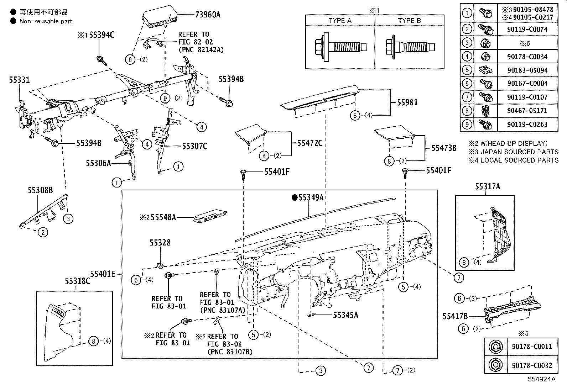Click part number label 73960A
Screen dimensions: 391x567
tap(208, 15)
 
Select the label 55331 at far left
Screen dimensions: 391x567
tap(19, 80)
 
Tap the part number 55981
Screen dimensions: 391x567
tap(407, 102)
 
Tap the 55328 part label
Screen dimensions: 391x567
tap(160, 243)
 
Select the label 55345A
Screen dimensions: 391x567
tap(345, 315)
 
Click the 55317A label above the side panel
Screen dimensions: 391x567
tap(487, 186)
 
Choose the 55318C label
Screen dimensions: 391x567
tap(77, 281)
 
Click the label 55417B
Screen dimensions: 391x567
tap(455, 316)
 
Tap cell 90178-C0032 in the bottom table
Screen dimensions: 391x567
tap(532, 365)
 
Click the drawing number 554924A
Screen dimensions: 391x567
tap(541, 379)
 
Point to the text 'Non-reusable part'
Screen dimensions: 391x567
tap(46, 21)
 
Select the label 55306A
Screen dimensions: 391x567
tap(98, 163)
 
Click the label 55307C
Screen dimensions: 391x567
tap(194, 146)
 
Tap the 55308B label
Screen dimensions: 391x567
tap(40, 191)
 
